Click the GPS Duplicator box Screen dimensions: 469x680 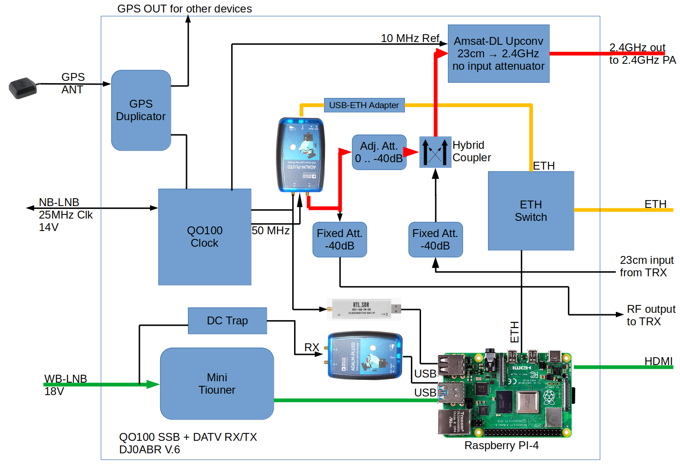tap(141, 110)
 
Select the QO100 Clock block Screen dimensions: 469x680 tap(205, 237)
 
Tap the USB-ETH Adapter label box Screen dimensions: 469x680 tap(364, 105)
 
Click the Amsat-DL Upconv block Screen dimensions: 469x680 tap(499, 54)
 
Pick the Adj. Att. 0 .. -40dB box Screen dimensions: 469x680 tap(379, 152)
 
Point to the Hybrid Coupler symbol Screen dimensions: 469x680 tap(435, 152)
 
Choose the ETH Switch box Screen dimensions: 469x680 tap(531, 211)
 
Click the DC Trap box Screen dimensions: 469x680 tap(227, 321)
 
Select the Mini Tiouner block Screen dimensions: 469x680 tap(217, 384)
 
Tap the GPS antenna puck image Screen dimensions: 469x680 tap(23, 88)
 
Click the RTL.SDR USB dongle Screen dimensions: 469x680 tap(363, 309)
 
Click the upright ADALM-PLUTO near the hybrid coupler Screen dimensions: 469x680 tap(301, 155)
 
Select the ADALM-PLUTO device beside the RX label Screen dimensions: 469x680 tap(365, 356)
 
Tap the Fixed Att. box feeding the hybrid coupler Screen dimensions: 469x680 tap(435, 239)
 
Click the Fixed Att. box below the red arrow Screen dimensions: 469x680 tap(339, 239)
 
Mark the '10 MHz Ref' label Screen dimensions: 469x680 tap(410, 38)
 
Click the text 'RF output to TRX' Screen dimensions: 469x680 tap(650, 315)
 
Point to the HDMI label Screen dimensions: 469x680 tap(658, 361)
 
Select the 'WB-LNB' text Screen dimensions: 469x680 tap(66, 379)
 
